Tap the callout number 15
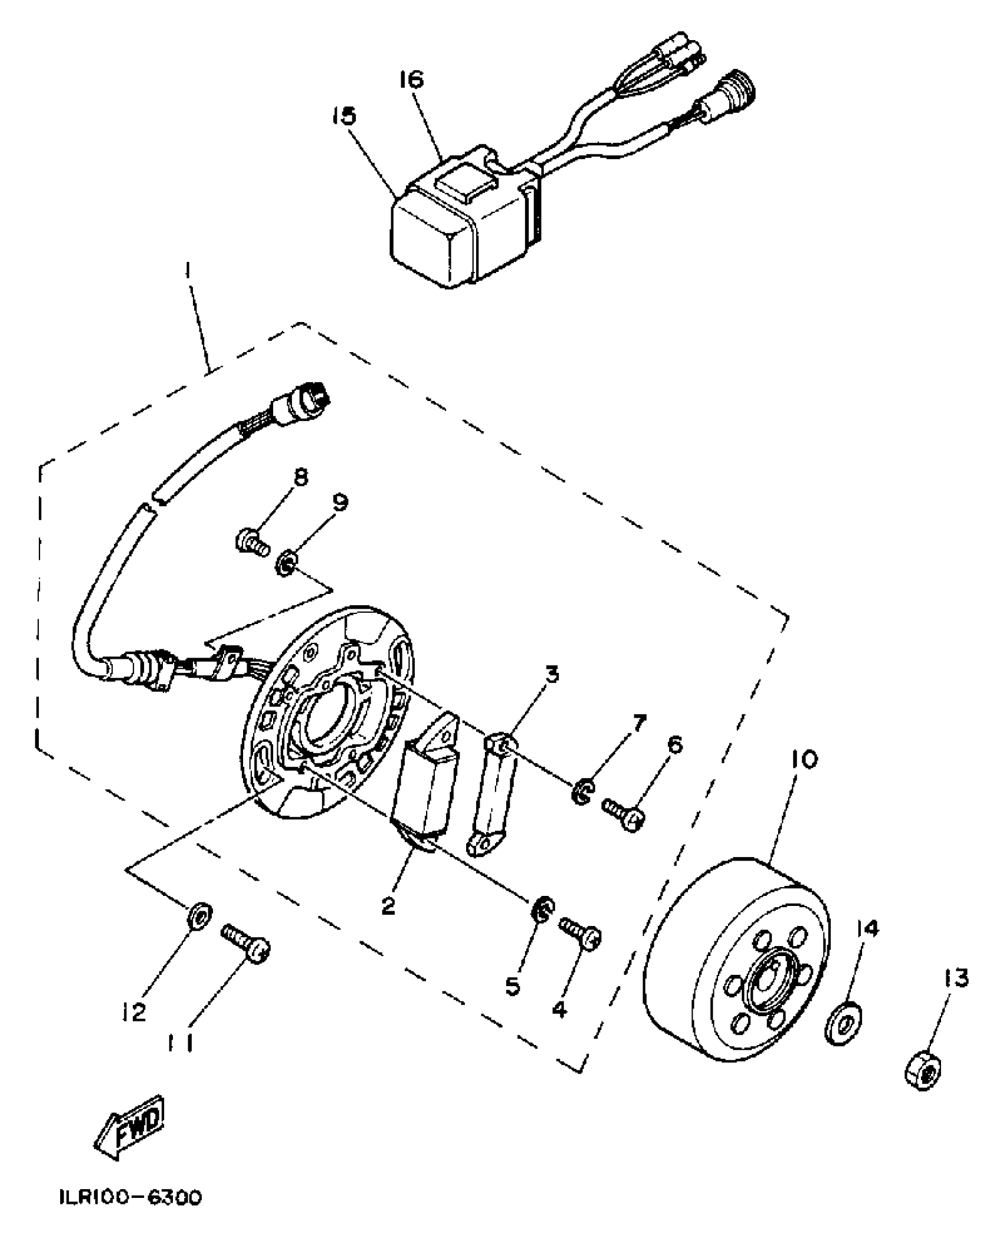[343, 116]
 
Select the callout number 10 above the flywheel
[801, 760]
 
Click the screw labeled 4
[581, 935]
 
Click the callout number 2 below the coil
[388, 907]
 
